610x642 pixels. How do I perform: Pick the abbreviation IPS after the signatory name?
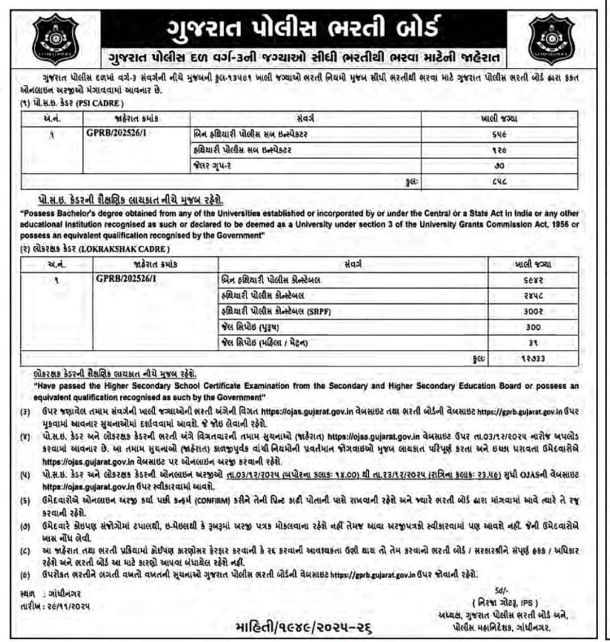point(523,602)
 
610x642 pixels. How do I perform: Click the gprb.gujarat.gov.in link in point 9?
point(373,574)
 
